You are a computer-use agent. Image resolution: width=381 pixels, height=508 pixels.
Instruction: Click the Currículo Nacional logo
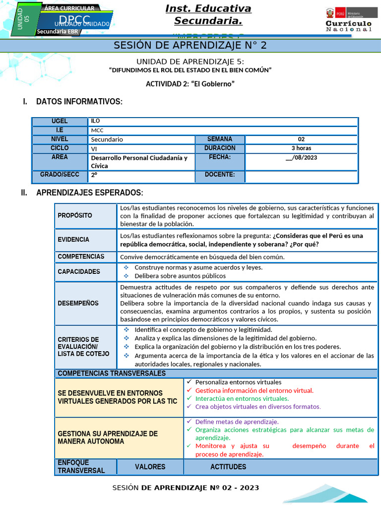click(348, 20)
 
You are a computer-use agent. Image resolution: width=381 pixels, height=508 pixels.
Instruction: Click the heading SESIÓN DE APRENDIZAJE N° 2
click(190, 46)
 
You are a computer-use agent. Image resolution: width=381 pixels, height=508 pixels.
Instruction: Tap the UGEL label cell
click(60, 122)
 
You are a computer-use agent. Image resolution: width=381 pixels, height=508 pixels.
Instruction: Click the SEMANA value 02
click(301, 139)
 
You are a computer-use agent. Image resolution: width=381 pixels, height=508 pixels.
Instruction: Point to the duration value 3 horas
click(301, 148)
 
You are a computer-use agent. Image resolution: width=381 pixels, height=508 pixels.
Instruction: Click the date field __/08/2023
click(301, 158)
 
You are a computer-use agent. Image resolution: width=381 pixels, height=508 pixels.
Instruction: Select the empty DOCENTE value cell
click(301, 176)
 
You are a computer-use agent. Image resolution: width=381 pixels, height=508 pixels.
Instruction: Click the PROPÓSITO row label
click(75, 215)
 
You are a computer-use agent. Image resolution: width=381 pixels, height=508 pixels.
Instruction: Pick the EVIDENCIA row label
click(73, 240)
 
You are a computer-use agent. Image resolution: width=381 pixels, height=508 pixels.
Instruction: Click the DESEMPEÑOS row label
click(78, 303)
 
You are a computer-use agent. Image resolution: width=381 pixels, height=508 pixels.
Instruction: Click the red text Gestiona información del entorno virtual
click(254, 390)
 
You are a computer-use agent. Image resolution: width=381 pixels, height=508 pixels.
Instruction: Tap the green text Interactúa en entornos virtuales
click(242, 398)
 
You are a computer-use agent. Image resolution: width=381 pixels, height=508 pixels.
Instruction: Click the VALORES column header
click(150, 467)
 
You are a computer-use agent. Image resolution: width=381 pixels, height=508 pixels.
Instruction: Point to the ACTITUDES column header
click(228, 467)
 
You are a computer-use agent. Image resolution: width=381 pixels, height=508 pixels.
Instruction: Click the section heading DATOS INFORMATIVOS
click(79, 102)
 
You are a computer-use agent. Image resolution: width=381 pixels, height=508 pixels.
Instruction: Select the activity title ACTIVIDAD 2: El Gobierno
click(190, 84)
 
